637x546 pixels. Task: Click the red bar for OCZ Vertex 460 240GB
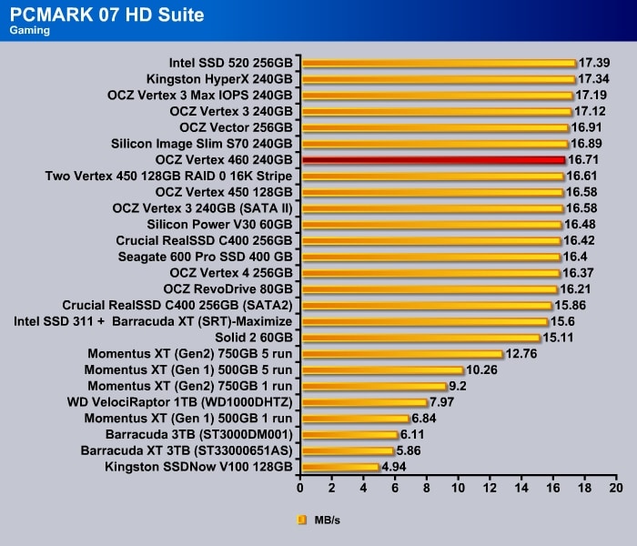click(x=433, y=159)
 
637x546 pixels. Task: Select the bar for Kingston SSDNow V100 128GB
click(x=339, y=467)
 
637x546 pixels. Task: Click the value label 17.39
click(x=595, y=63)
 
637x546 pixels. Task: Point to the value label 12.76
click(x=522, y=354)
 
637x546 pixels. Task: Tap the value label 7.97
click(x=442, y=402)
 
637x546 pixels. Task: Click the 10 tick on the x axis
click(x=459, y=488)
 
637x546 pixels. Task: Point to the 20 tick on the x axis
click(x=616, y=488)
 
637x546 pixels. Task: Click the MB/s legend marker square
click(x=302, y=521)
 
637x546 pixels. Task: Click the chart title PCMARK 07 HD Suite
click(x=106, y=15)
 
